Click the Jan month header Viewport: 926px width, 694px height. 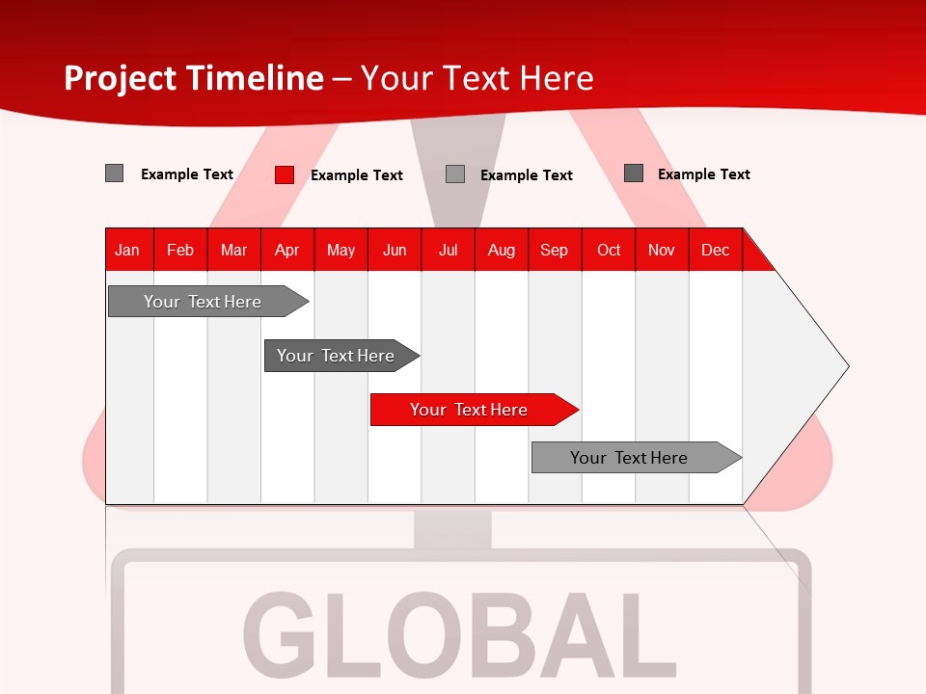click(127, 250)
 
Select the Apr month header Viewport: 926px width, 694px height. click(286, 250)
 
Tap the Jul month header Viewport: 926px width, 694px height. click(448, 250)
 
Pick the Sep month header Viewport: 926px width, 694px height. click(554, 250)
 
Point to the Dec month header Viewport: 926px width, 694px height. click(715, 250)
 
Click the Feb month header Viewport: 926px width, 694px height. click(180, 250)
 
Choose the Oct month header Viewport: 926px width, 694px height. click(609, 250)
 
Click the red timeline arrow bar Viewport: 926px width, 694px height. click(473, 410)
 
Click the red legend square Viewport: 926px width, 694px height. click(285, 174)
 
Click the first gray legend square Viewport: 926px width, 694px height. click(115, 173)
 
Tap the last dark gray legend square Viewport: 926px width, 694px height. click(634, 173)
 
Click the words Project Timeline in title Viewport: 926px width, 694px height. click(193, 78)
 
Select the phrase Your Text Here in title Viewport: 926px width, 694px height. click(477, 78)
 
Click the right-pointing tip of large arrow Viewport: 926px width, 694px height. click(846, 366)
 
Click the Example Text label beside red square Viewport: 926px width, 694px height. click(357, 175)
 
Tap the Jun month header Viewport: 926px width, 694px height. click(395, 250)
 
